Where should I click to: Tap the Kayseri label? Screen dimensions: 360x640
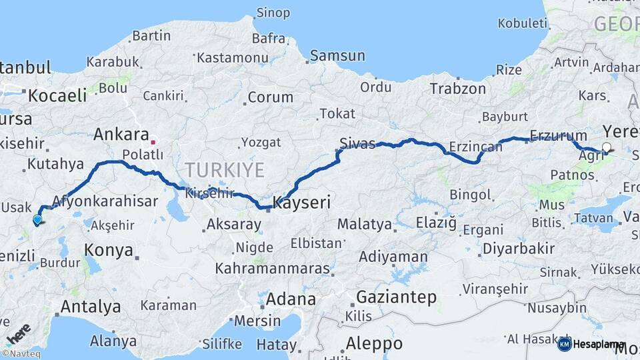(302, 202)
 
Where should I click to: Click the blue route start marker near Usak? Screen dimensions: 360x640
(37, 219)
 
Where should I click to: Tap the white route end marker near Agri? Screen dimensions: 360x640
(606, 147)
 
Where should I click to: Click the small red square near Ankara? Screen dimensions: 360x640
(153, 142)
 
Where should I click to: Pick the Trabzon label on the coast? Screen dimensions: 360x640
(458, 89)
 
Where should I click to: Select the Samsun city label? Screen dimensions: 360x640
(337, 56)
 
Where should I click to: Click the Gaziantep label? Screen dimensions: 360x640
(396, 297)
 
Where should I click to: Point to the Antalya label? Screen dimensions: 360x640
(91, 307)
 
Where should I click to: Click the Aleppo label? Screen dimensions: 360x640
(375, 343)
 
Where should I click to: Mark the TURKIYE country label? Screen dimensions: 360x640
(225, 170)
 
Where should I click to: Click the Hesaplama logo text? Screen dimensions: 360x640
(599, 344)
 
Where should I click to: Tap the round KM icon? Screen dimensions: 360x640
(564, 344)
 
